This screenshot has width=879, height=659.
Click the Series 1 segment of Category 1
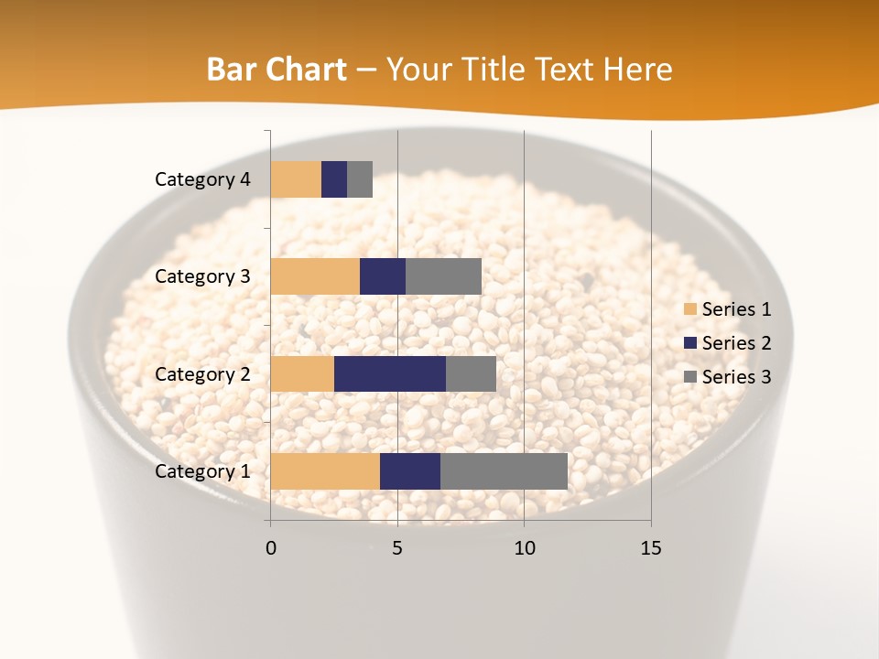[325, 470]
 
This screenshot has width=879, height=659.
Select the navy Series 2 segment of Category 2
[390, 373]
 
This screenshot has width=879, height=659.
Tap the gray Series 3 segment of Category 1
[504, 470]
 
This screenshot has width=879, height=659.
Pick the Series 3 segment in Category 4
[360, 179]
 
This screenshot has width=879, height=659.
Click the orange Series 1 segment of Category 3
[315, 276]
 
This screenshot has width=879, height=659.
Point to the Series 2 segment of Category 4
[334, 179]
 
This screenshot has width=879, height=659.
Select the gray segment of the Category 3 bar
[443, 276]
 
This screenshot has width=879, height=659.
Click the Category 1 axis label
[202, 471]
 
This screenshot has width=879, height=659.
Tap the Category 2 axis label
[202, 374]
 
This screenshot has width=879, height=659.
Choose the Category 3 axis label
[202, 276]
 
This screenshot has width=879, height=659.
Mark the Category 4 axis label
[202, 179]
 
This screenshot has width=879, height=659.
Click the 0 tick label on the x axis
[271, 548]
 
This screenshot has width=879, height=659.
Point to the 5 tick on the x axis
[397, 548]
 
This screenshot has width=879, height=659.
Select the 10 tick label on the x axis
[524, 548]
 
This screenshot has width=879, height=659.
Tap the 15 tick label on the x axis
[651, 548]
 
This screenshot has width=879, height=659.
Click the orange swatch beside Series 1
[689, 309]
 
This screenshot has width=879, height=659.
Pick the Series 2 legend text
[736, 343]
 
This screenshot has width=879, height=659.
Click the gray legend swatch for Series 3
[689, 377]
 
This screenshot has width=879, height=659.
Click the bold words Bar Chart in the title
[277, 70]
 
